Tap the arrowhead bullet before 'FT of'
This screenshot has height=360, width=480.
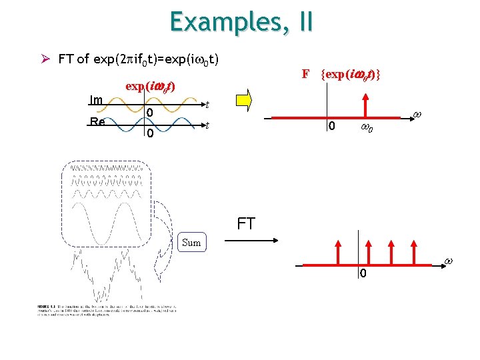click(45, 59)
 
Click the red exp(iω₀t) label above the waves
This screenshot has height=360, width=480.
click(150, 87)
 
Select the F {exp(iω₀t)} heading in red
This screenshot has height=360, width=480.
click(341, 74)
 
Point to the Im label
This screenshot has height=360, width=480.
click(96, 100)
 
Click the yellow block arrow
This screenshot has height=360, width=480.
click(244, 100)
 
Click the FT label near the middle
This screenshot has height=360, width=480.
click(246, 223)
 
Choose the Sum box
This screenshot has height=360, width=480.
click(191, 243)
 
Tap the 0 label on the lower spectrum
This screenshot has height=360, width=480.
click(363, 274)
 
